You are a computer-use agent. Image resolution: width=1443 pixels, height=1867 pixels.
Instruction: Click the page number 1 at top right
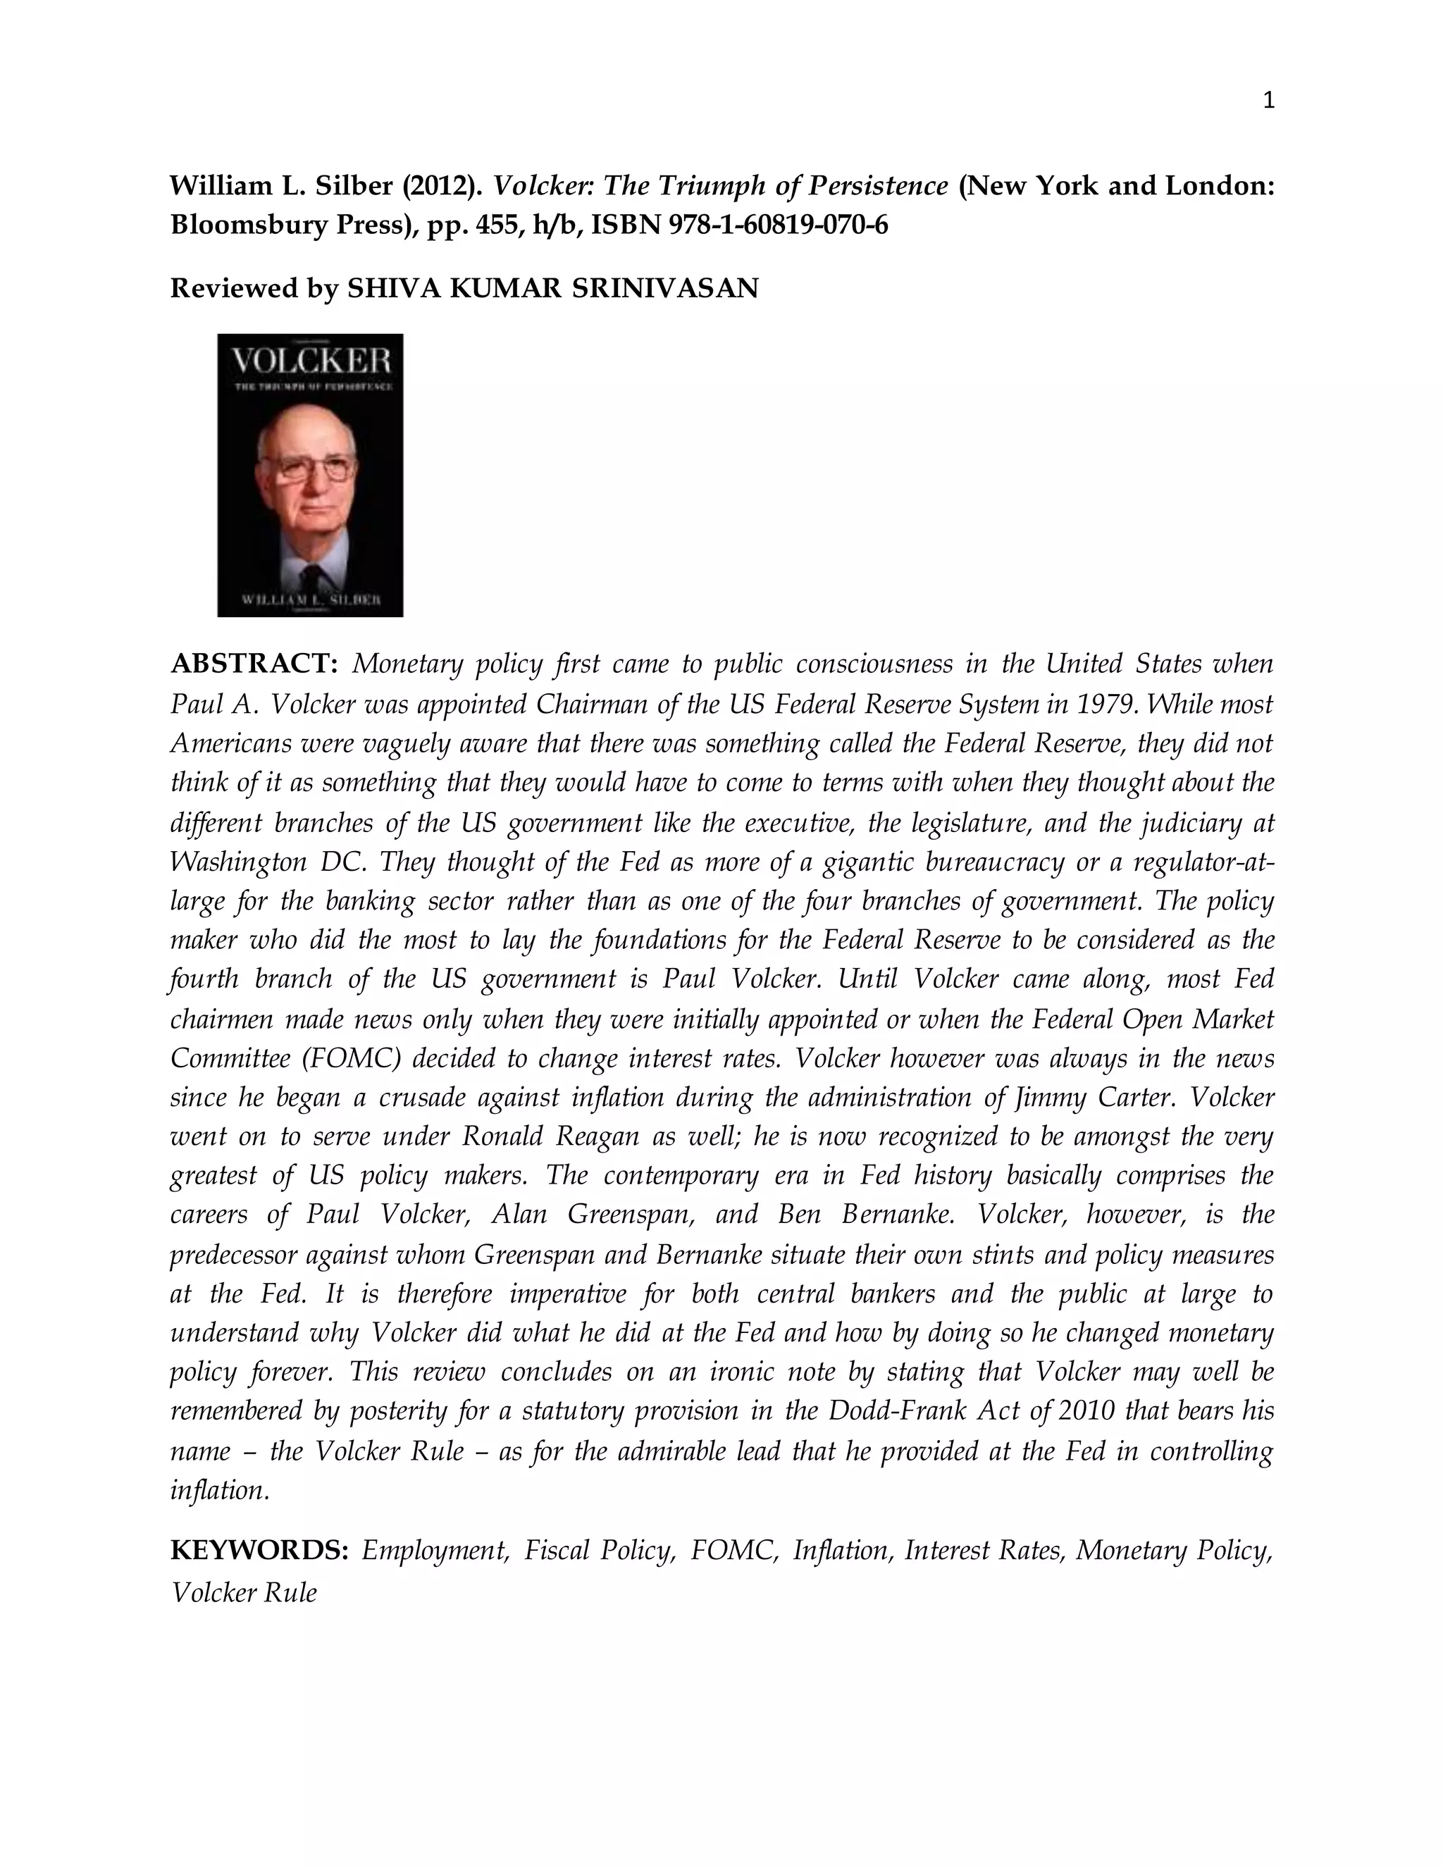1268,101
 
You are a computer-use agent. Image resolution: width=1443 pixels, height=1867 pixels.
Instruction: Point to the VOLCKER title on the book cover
310,361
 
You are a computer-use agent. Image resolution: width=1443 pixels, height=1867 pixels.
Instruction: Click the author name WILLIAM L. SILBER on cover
310,600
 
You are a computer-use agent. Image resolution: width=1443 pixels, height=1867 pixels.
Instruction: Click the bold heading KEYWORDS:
259,1551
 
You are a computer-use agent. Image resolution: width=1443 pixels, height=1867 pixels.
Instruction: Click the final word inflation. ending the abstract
221,1490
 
